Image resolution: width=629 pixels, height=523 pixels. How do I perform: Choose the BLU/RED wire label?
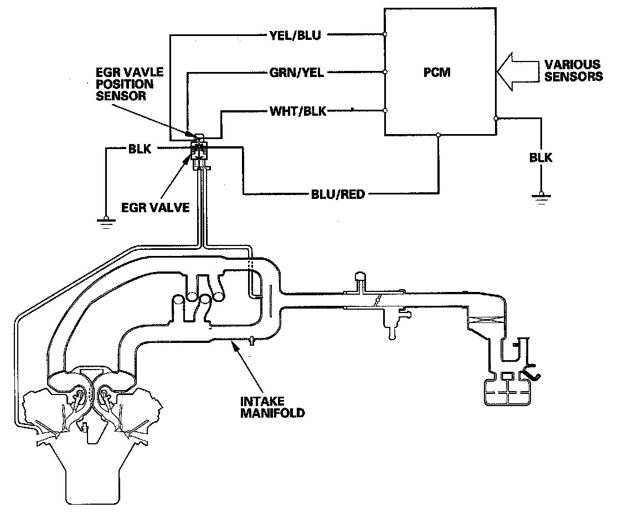338,194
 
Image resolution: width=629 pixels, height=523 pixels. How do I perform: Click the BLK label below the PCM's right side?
540,158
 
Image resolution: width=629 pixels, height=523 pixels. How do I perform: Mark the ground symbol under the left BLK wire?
104,223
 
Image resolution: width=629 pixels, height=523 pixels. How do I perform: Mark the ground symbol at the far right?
540,197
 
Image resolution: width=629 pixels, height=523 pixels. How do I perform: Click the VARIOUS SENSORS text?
573,70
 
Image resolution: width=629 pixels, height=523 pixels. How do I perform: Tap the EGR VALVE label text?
156,208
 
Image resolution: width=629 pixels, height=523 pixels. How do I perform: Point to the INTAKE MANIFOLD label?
272,407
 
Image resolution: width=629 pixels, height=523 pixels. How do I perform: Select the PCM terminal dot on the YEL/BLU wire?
385,35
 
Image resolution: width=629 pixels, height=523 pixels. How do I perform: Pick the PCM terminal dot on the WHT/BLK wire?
385,111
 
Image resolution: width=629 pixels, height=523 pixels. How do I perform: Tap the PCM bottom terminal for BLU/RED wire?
439,135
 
